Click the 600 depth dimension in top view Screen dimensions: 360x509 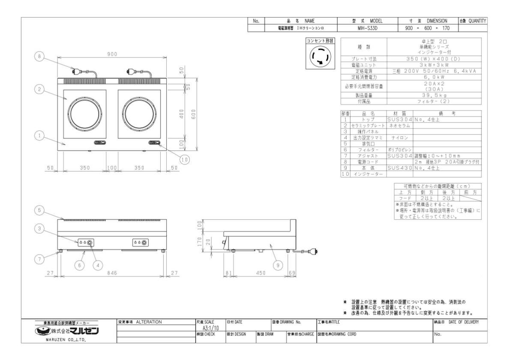194,114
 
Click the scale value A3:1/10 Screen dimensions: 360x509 208,327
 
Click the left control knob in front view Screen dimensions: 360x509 91,243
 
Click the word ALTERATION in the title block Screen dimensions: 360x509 149,322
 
